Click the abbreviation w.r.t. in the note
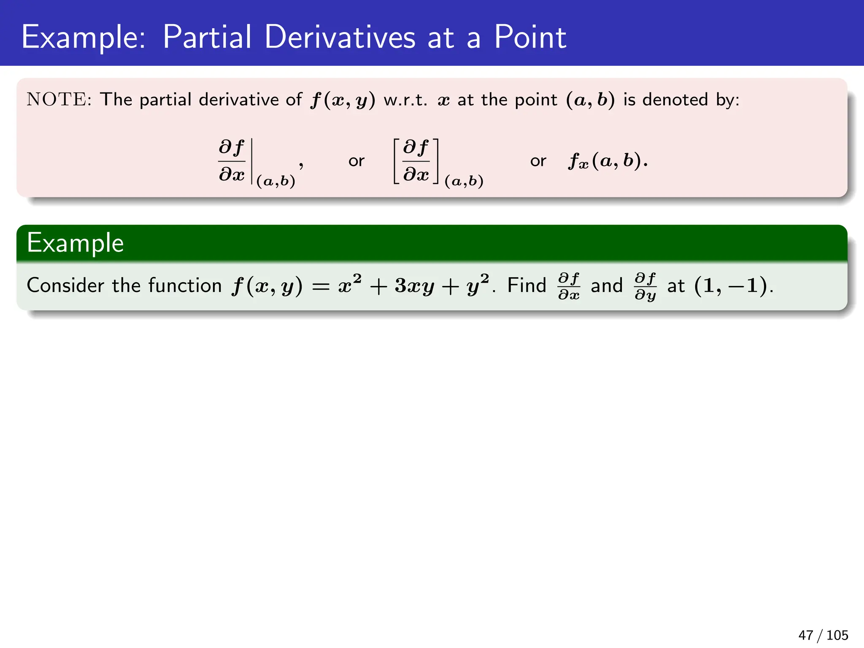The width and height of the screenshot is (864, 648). coord(405,100)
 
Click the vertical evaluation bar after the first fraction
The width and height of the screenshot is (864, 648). coord(252,161)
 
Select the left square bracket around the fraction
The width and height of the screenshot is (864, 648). coord(397,161)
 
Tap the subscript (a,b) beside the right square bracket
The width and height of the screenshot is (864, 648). coord(464,181)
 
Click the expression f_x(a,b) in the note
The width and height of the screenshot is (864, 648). coord(607,161)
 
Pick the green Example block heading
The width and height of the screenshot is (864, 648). coord(75,243)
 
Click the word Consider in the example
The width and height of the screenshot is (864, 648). coord(65,286)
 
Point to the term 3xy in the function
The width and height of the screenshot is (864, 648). coord(414,286)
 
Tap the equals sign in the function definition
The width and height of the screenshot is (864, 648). coord(320,287)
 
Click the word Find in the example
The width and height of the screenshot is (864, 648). coord(526,286)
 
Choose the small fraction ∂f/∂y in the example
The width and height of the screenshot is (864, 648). coord(645,286)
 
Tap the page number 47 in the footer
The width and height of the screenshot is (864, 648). coord(805,635)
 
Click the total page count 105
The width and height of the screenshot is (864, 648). coord(837,635)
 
